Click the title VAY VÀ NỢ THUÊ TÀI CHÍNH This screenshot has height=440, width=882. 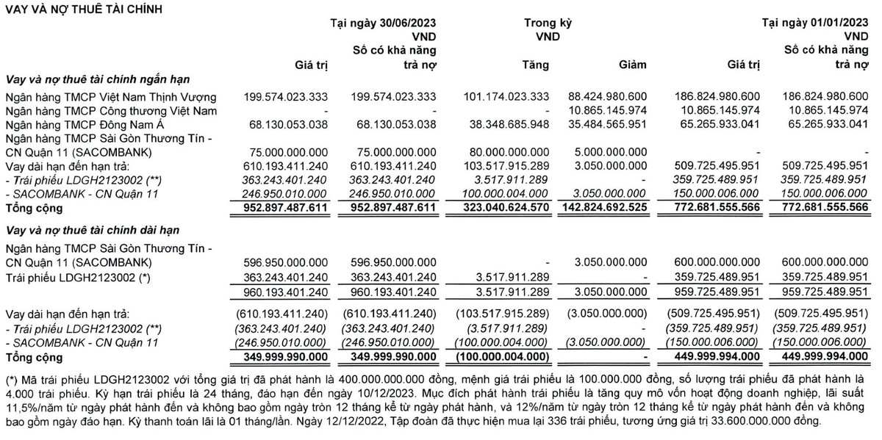click(x=83, y=9)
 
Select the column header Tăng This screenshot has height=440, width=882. click(x=536, y=65)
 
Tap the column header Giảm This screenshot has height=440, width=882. click(x=633, y=65)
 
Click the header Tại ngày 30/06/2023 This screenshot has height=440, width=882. click(x=383, y=22)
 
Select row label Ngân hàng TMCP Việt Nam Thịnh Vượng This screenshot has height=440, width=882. click(x=111, y=97)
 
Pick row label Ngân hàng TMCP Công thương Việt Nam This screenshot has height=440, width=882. click(x=111, y=110)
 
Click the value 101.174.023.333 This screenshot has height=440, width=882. click(x=506, y=97)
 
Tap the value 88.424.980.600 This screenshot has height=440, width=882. click(x=607, y=97)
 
